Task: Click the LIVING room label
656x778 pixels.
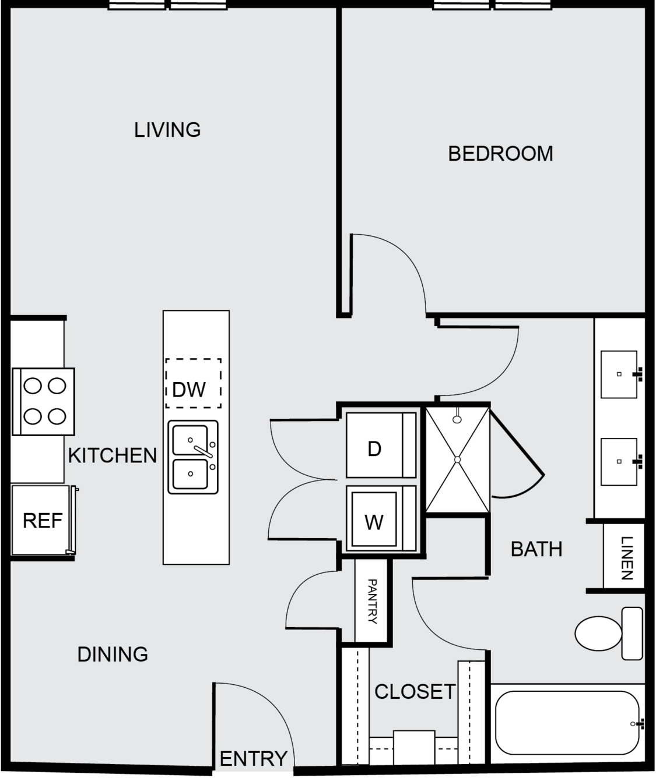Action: pyautogui.click(x=167, y=130)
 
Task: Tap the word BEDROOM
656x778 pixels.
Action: pyautogui.click(x=500, y=154)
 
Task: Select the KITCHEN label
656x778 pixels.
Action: pyautogui.click(x=113, y=455)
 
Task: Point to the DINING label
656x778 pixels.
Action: pyautogui.click(x=113, y=655)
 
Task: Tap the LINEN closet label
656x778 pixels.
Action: pyautogui.click(x=626, y=558)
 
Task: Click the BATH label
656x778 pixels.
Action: pyautogui.click(x=536, y=549)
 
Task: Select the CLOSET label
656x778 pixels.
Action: pyautogui.click(x=415, y=692)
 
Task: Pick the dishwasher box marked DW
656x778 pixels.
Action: pyautogui.click(x=193, y=383)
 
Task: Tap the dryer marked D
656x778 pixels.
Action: pyautogui.click(x=381, y=445)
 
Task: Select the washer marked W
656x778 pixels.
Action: pyautogui.click(x=381, y=518)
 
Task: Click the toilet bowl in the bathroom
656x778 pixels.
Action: pyautogui.click(x=598, y=634)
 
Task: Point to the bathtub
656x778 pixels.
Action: pyautogui.click(x=567, y=723)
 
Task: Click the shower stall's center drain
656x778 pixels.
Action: pyautogui.click(x=458, y=460)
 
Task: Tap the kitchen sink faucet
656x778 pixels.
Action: pyautogui.click(x=204, y=452)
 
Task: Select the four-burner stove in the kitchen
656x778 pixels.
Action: pyautogui.click(x=44, y=402)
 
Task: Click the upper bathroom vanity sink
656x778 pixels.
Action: pyautogui.click(x=619, y=374)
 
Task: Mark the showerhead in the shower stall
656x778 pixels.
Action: pyautogui.click(x=457, y=419)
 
